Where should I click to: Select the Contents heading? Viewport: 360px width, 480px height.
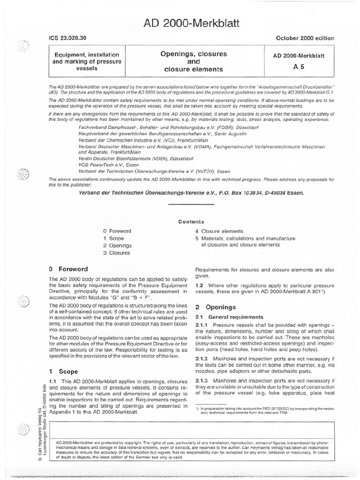[x=191, y=222]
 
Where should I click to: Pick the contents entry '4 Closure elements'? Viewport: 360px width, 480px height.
[x=219, y=231]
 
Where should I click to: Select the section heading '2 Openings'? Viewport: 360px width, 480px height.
[x=210, y=307]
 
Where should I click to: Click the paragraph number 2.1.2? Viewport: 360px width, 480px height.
[x=202, y=358]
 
